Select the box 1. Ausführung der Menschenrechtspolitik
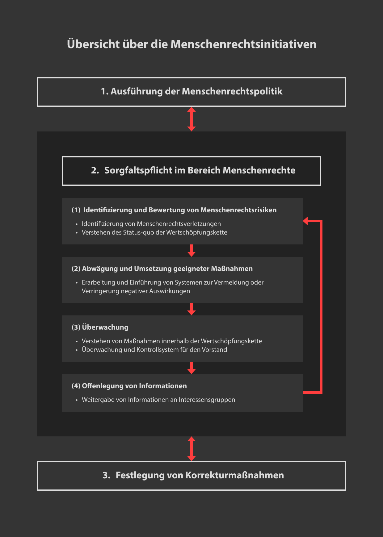(x=192, y=92)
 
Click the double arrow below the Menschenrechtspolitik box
(x=192, y=119)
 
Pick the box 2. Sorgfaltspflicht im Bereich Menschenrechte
(x=192, y=171)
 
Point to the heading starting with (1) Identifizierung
(x=174, y=210)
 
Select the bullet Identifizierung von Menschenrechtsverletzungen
(x=151, y=224)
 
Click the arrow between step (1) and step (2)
(x=192, y=251)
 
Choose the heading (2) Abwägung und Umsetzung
(x=162, y=269)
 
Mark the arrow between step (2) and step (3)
(x=192, y=309)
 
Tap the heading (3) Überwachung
(x=100, y=327)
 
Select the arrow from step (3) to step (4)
(x=192, y=368)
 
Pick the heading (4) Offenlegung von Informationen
(x=129, y=386)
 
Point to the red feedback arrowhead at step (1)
(x=306, y=221)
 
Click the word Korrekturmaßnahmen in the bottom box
(x=234, y=475)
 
